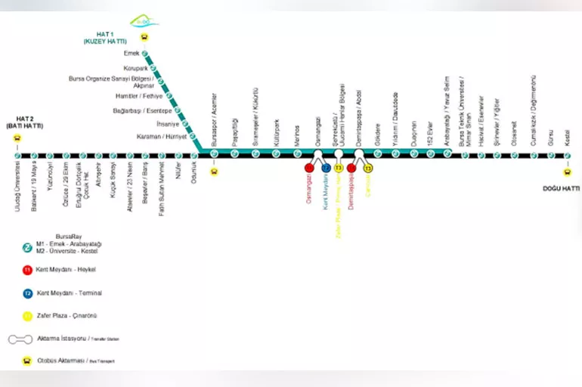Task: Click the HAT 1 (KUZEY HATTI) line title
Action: pyautogui.click(x=115, y=38)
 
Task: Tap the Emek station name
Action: pyautogui.click(x=132, y=54)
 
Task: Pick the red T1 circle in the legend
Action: pyautogui.click(x=27, y=269)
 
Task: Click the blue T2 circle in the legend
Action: pyautogui.click(x=27, y=293)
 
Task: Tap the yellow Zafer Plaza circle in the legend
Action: pyautogui.click(x=27, y=316)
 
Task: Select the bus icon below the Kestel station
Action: pyautogui.click(x=568, y=172)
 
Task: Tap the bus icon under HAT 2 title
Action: pyautogui.click(x=18, y=138)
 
